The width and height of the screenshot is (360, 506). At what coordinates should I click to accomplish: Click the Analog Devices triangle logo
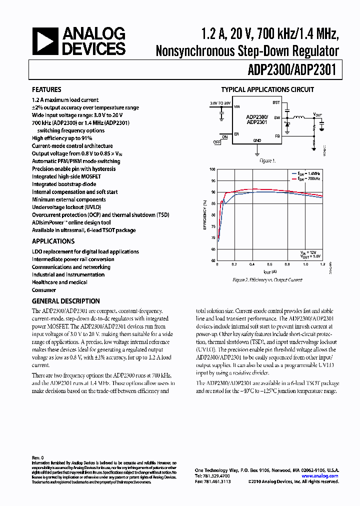pyautogui.click(x=45, y=41)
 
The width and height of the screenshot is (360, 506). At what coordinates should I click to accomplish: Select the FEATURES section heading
pyautogui.click(x=46, y=90)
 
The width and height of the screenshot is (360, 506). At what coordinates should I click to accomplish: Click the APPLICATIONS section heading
pyautogui.click(x=53, y=241)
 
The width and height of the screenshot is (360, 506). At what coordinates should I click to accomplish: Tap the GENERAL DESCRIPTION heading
pyautogui.click(x=65, y=301)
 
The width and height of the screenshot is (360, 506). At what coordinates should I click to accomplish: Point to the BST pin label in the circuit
pyautogui.click(x=275, y=102)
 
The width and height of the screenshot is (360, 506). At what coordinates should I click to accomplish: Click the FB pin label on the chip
pyautogui.click(x=276, y=135)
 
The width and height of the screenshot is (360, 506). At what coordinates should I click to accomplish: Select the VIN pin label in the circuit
pyautogui.click(x=237, y=106)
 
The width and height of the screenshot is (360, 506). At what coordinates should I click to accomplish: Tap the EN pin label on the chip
pyautogui.click(x=236, y=134)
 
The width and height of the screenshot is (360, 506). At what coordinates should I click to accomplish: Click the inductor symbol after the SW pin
pyautogui.click(x=299, y=118)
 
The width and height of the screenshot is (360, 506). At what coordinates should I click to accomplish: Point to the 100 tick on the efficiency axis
pyautogui.click(x=212, y=169)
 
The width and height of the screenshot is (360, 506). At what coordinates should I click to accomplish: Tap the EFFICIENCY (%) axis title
pyautogui.click(x=204, y=215)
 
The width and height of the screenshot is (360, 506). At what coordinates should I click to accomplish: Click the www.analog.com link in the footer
pyautogui.click(x=320, y=476)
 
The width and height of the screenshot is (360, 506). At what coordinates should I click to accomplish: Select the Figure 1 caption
pyautogui.click(x=266, y=161)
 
